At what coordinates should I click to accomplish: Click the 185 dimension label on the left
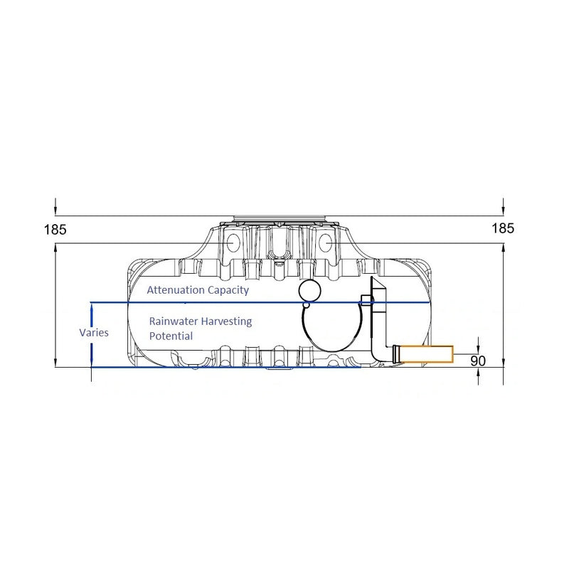point(54,230)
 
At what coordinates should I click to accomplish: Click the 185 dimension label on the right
point(502,228)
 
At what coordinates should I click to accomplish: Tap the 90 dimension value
point(478,361)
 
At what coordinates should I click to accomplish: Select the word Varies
point(94,332)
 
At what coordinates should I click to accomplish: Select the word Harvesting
point(228,321)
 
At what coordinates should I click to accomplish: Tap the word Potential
point(171,336)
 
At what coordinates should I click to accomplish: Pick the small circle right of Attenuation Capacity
point(310,290)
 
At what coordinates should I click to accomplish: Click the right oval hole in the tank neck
point(325,243)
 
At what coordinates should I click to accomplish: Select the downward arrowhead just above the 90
point(479,348)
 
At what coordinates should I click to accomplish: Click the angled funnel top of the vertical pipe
point(376,289)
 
